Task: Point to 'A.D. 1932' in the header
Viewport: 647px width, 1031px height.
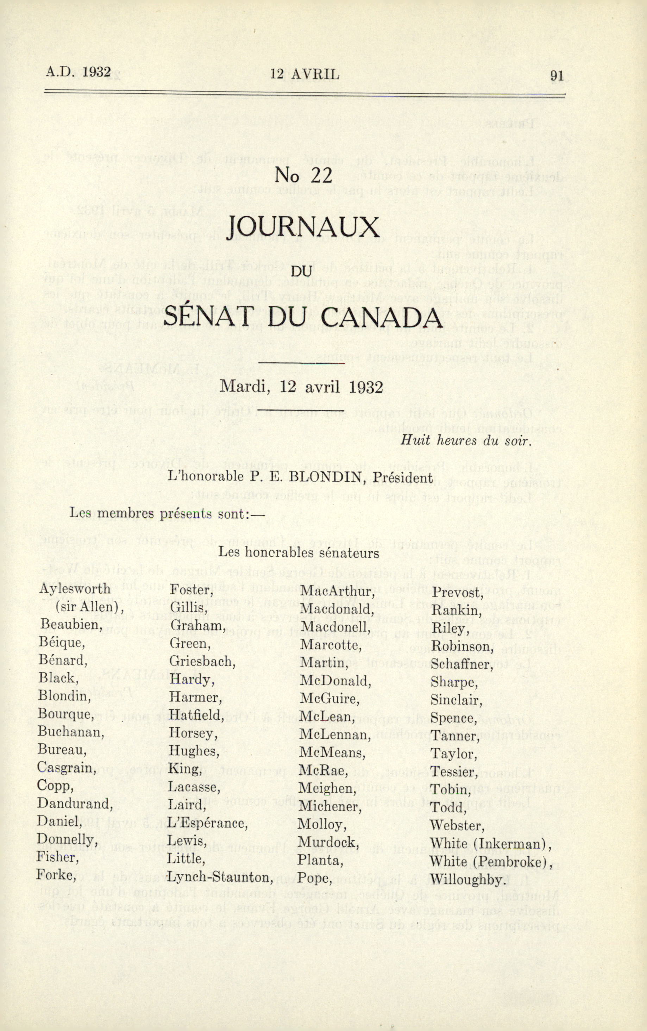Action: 78,72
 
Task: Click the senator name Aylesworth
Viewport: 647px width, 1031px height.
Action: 75,589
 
